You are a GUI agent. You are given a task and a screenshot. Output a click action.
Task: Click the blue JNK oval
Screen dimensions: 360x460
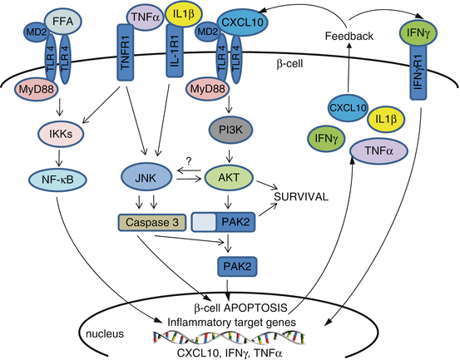[x=143, y=177]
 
